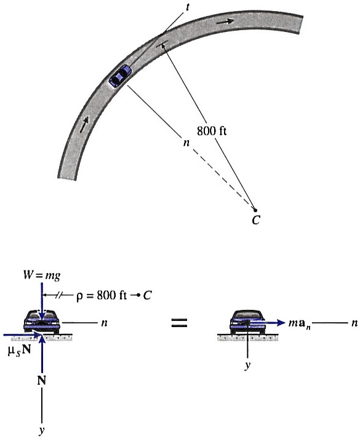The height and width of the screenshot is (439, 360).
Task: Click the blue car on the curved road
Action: [x=120, y=76]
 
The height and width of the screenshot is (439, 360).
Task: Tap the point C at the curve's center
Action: [x=255, y=210]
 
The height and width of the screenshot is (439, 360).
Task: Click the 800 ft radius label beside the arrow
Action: [x=212, y=131]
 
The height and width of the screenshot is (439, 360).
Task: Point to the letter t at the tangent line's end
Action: [x=187, y=7]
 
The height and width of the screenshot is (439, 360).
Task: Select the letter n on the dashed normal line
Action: [x=186, y=143]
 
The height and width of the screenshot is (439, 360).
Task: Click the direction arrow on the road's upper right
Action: [x=225, y=22]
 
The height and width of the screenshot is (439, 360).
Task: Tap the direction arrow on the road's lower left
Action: [x=84, y=125]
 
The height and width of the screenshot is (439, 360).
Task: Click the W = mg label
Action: [x=42, y=276]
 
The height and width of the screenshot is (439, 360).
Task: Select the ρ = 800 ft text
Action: [x=102, y=295]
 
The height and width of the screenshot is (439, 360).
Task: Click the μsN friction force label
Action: [x=19, y=350]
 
